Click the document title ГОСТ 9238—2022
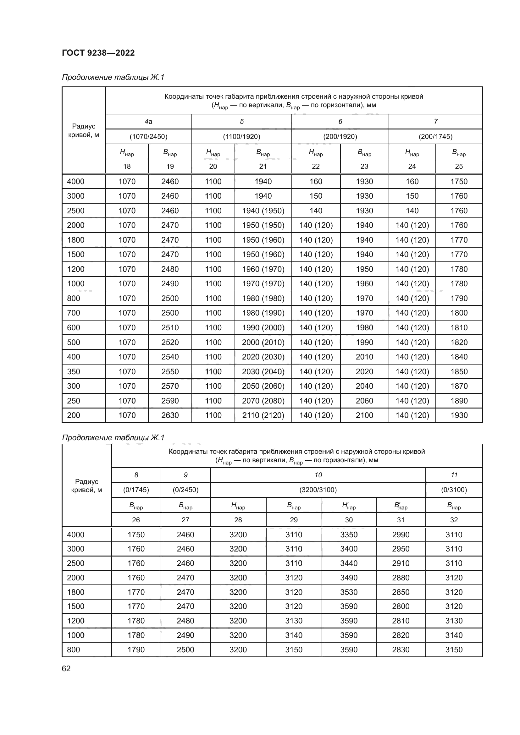pyautogui.click(x=98, y=53)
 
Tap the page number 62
pyautogui.click(x=66, y=668)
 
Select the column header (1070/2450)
pyautogui.click(x=148, y=137)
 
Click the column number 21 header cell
pyautogui.click(x=263, y=167)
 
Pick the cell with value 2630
pyautogui.click(x=170, y=415)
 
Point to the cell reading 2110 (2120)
pyautogui.click(x=263, y=415)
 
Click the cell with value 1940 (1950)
pyautogui.click(x=263, y=211)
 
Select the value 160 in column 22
pyautogui.click(x=316, y=182)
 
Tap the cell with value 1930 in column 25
pyautogui.click(x=459, y=415)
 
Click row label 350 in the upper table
pyautogui.click(x=74, y=371)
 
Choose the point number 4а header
pyautogui.click(x=148, y=122)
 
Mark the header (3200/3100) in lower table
pyautogui.click(x=318, y=490)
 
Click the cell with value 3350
pyautogui.click(x=349, y=535)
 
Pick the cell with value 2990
pyautogui.click(x=401, y=535)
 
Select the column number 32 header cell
pyautogui.click(x=454, y=520)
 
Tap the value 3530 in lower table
pyautogui.click(x=349, y=592)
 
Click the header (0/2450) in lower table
pyautogui.click(x=185, y=490)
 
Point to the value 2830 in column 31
pyautogui.click(x=401, y=650)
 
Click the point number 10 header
pyautogui.click(x=318, y=475)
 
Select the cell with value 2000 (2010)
pyautogui.click(x=263, y=342)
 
